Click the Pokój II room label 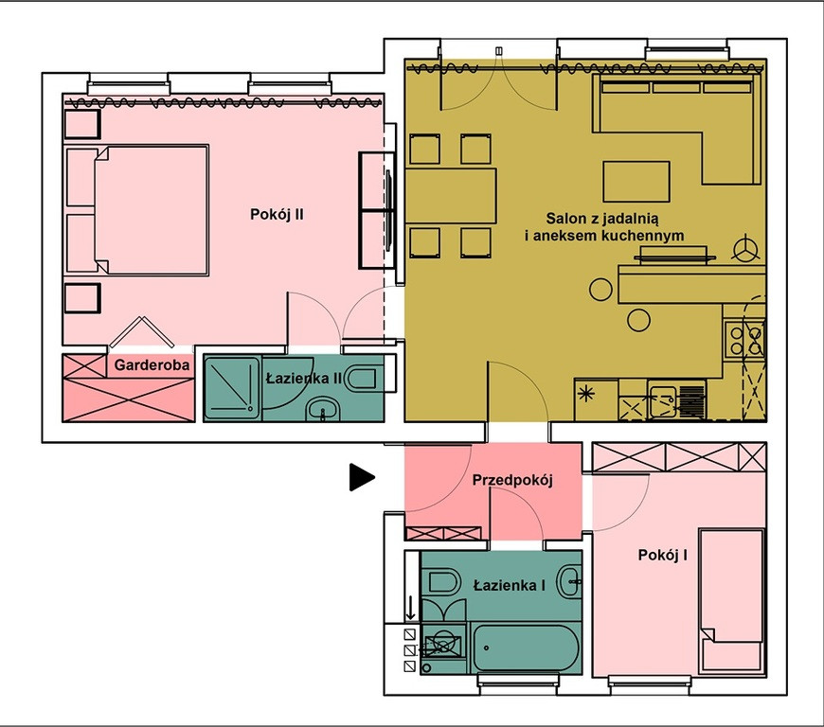pyautogui.click(x=277, y=214)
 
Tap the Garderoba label pyautogui.click(x=152, y=364)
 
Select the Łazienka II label pyautogui.click(x=304, y=379)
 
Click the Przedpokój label pyautogui.click(x=512, y=480)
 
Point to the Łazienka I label pyautogui.click(x=509, y=585)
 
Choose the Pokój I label pyautogui.click(x=663, y=555)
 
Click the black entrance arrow pyautogui.click(x=362, y=477)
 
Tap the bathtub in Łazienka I pyautogui.click(x=526, y=648)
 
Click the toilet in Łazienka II pyautogui.click(x=362, y=379)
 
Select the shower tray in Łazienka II pyautogui.click(x=232, y=388)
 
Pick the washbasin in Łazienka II pyautogui.click(x=323, y=409)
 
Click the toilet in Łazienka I pyautogui.click(x=443, y=581)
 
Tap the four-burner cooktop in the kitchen pyautogui.click(x=744, y=339)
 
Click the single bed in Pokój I pyautogui.click(x=731, y=601)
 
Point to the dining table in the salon pyautogui.click(x=451, y=195)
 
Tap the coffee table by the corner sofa pyautogui.click(x=636, y=182)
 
